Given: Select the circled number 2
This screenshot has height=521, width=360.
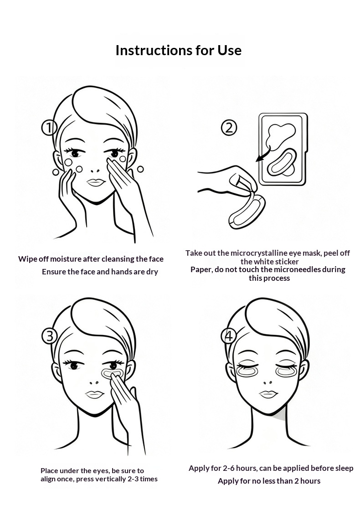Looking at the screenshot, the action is click(x=229, y=128).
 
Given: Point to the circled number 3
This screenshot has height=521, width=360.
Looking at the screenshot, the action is click(x=50, y=336).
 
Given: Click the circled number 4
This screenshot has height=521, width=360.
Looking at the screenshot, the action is click(x=229, y=336).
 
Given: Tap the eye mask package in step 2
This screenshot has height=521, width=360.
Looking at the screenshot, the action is click(x=283, y=149).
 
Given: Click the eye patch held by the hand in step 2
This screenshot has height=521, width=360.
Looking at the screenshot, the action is click(x=247, y=211).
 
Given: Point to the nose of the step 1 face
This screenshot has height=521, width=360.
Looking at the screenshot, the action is click(x=95, y=171).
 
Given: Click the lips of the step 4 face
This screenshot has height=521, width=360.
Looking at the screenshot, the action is click(x=268, y=394).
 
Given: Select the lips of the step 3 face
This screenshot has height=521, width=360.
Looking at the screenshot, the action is click(x=95, y=394).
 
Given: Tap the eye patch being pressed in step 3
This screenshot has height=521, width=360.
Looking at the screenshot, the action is click(x=112, y=373).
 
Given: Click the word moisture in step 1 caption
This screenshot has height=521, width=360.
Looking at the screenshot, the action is click(x=66, y=259).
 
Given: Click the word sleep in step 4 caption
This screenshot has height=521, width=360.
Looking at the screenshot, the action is click(x=344, y=469).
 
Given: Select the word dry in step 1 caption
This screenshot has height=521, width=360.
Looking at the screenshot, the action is click(x=152, y=272).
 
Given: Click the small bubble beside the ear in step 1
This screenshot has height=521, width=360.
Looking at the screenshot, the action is click(x=140, y=169).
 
